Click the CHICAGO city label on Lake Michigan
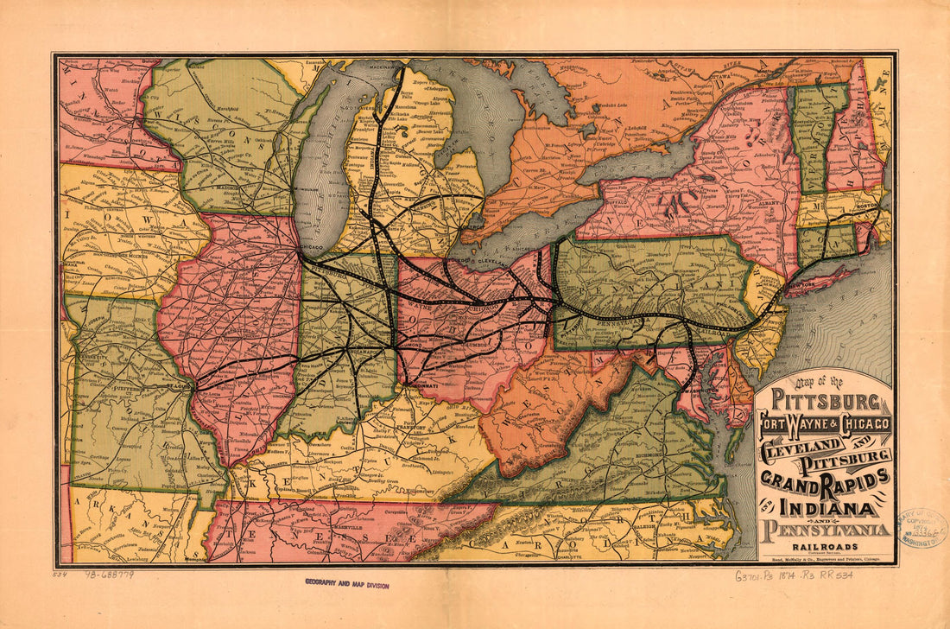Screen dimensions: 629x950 311,247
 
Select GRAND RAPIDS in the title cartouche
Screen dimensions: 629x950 825,478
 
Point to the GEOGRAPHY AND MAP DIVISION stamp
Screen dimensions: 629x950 346,585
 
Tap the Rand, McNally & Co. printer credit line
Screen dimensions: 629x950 826,558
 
